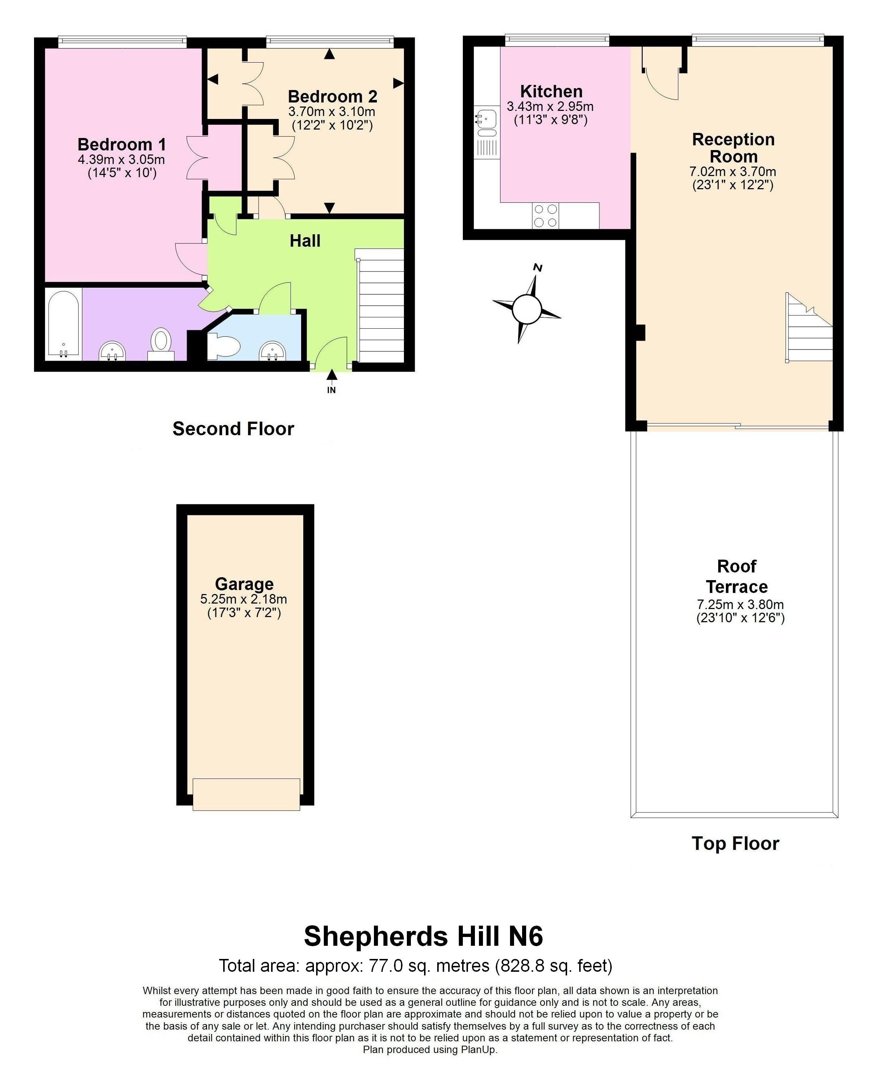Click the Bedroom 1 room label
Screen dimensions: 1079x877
point(121,145)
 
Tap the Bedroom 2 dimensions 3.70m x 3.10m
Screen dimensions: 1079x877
point(331,111)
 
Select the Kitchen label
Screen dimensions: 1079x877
point(551,92)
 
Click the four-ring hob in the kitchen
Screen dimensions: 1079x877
point(546,216)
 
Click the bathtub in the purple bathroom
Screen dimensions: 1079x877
point(63,324)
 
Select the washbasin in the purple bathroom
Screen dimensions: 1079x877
point(112,350)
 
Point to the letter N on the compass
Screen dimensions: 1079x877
point(538,268)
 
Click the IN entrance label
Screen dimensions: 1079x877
point(331,390)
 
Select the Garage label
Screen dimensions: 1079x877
point(244,584)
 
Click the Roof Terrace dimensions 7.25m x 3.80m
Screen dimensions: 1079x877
point(740,604)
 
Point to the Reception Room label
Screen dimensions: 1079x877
point(733,148)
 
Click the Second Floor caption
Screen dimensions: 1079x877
point(233,429)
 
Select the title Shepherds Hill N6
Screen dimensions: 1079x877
point(423,936)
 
